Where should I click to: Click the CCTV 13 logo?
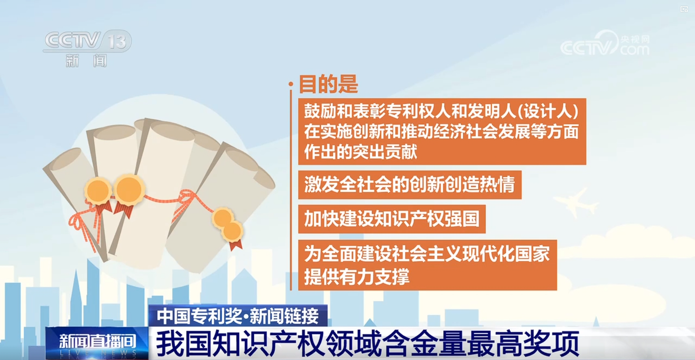click(87, 41)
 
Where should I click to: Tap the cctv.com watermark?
click(605, 43)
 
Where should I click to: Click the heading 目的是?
click(328, 84)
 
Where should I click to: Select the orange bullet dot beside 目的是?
click(291, 84)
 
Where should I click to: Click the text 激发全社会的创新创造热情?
click(409, 184)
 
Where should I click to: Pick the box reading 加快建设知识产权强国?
click(392, 219)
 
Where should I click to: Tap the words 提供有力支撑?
click(357, 277)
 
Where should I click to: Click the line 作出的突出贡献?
click(361, 151)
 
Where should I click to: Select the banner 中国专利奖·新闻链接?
click(238, 315)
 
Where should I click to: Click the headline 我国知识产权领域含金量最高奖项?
click(367, 343)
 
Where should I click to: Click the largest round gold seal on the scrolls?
click(129, 189)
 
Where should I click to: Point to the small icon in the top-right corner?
click(684, 9)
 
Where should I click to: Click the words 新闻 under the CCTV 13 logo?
click(86, 60)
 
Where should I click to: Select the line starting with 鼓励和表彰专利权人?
click(441, 111)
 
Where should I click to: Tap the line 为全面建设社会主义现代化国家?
click(427, 254)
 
